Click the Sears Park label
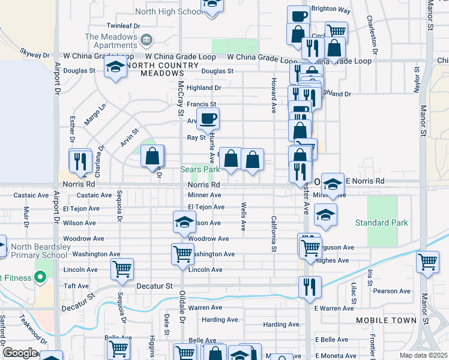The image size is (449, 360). click(200, 170)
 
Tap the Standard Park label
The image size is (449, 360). click(381, 223)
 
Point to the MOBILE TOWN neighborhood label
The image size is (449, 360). click(386, 320)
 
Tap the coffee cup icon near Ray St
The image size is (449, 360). click(208, 118)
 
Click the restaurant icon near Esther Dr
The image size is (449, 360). click(79, 160)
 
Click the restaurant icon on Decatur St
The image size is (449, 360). click(310, 286)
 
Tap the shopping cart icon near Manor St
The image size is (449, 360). click(427, 261)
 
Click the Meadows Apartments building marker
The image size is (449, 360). click(146, 41)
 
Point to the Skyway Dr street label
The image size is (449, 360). click(34, 53)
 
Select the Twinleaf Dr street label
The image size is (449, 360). click(123, 26)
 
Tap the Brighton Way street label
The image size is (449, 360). click(331, 10)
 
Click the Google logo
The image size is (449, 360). click(20, 353)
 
